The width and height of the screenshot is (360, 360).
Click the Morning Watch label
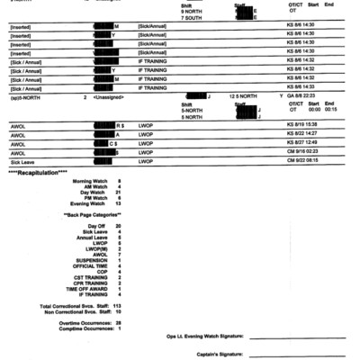pos(88,181)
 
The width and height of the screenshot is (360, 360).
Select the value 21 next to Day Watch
pos(119,193)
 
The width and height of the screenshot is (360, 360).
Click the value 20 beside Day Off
pos(119,225)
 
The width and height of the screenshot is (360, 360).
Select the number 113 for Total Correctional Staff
pos(118,306)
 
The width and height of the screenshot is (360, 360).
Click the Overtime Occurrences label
pos(83,321)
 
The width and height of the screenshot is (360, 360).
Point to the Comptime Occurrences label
pos(83,328)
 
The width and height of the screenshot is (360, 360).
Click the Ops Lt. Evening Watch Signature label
pos(204,336)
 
